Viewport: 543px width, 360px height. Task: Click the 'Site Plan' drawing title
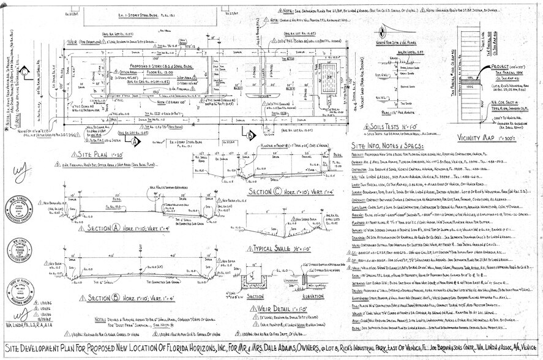pos(100,155)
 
